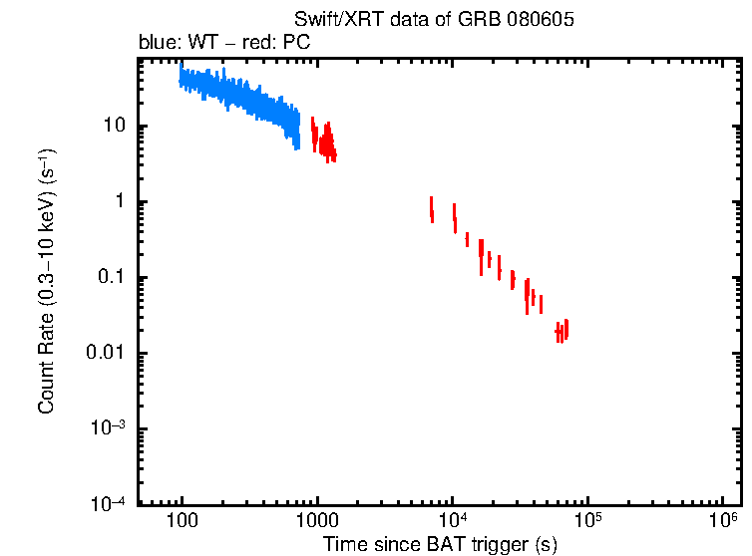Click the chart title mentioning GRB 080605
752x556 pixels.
(434, 21)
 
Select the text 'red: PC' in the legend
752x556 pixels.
(284, 44)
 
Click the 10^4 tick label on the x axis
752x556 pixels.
(453, 520)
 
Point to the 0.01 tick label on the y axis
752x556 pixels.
(105, 354)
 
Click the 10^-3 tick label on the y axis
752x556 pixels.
(109, 428)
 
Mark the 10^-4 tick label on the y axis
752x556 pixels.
(109, 503)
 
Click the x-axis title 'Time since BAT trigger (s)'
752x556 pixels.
(439, 544)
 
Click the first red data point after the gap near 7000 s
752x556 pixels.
(432, 209)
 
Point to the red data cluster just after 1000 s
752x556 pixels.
(324, 139)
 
